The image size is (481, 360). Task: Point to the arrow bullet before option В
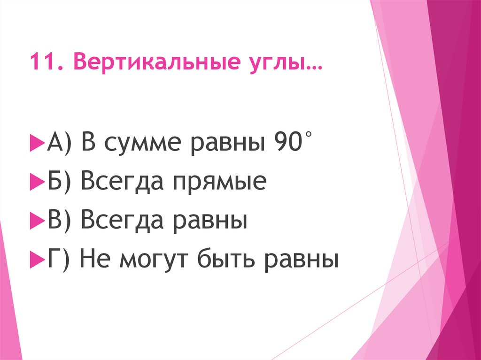37,219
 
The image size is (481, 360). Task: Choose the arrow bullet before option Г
37,259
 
